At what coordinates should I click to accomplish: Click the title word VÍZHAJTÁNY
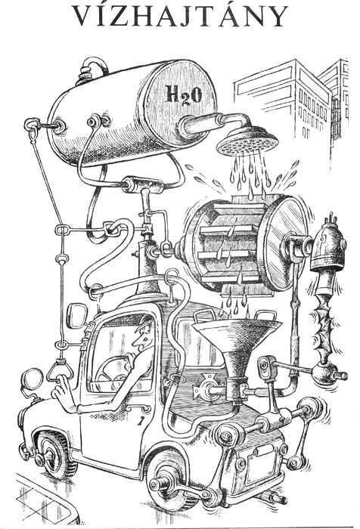pyautogui.click(x=180, y=15)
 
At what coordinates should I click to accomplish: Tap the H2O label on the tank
pyautogui.click(x=183, y=94)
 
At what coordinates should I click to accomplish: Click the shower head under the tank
pyautogui.click(x=247, y=141)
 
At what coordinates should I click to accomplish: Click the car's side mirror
pyautogui.click(x=76, y=316)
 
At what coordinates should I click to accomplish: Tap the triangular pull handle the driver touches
pyautogui.click(x=60, y=371)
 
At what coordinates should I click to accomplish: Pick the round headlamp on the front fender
pyautogui.click(x=32, y=379)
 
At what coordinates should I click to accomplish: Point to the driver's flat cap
pyautogui.click(x=143, y=321)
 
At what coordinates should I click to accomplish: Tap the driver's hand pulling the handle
pyautogui.click(x=63, y=391)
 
